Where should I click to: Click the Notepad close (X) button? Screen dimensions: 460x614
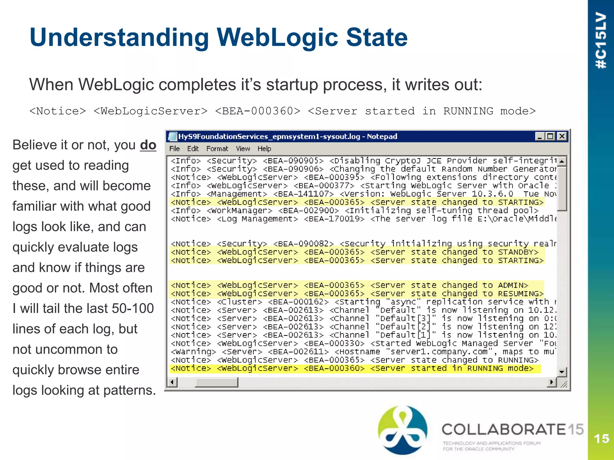tap(562, 137)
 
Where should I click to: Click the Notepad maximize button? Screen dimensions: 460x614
tap(550, 137)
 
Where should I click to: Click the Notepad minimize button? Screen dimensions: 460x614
tap(540, 137)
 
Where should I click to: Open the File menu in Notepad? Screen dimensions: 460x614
tap(174, 149)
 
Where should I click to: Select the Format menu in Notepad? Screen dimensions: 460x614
tap(217, 149)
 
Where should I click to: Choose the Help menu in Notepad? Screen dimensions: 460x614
tap(264, 149)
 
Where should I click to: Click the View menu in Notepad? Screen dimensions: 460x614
tap(243, 149)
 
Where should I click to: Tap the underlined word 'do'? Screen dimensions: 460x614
tap(148, 145)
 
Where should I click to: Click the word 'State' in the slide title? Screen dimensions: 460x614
tap(377, 37)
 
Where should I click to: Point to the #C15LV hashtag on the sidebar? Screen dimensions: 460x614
tap(601, 40)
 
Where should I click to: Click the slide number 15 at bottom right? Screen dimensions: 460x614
tap(601, 439)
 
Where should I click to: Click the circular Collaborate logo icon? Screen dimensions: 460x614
tap(403, 430)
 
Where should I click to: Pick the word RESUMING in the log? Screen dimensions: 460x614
tap(520, 294)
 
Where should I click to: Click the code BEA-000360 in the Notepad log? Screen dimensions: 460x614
tap(334, 368)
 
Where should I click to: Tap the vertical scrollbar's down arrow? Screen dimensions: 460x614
tap(562, 372)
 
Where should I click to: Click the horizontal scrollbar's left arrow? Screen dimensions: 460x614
tap(172, 382)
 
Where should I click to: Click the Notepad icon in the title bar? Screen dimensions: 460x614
tap(173, 137)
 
